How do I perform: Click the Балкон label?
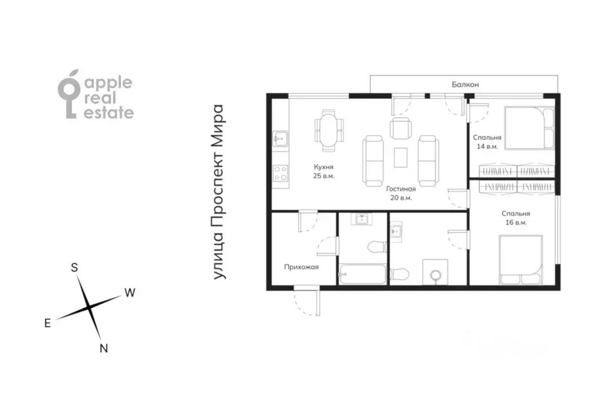coord(465,84)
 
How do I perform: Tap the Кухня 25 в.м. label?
coord(324,172)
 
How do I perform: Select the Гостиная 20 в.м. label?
coord(400,193)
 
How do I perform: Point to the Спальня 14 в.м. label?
coord(487,142)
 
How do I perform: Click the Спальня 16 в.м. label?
coord(516,218)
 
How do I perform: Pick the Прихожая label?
coord(301,267)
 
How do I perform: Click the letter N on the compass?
coord(104,348)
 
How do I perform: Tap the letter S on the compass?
coord(74,268)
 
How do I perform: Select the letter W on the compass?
coord(130,293)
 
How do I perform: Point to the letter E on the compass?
coord(48,323)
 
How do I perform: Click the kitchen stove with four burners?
coord(281,173)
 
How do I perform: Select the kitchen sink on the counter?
coord(280,139)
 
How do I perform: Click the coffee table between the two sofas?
coord(400,157)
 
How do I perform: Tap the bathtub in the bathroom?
coord(362,274)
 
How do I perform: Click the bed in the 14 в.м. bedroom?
coord(529,128)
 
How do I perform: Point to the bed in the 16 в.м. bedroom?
coord(521,260)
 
